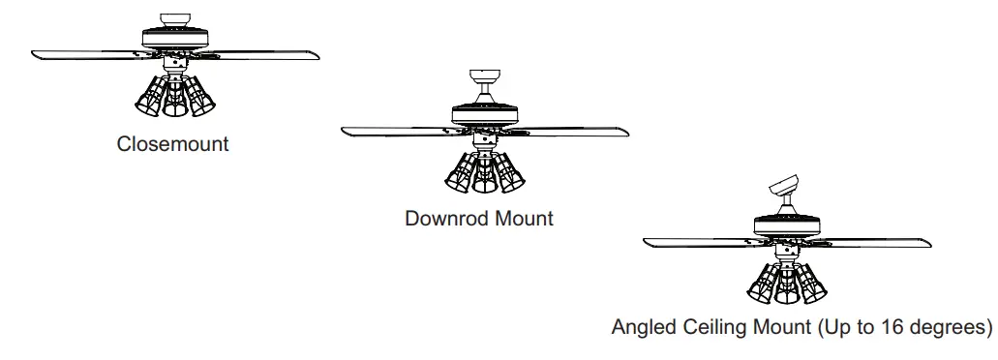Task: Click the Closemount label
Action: click(x=173, y=144)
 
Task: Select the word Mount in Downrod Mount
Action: click(x=524, y=219)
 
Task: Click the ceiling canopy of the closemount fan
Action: click(x=174, y=18)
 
